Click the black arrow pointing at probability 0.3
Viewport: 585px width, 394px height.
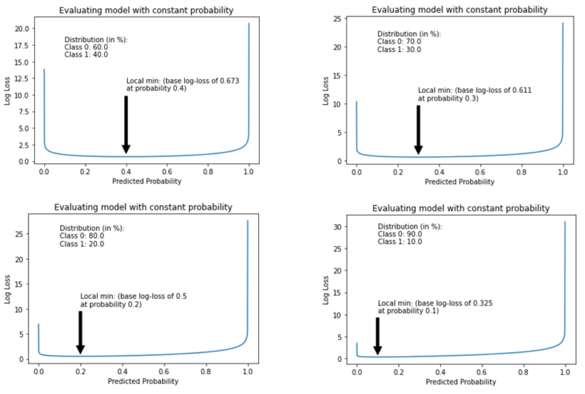click(418, 128)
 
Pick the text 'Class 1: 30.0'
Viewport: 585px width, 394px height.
click(399, 50)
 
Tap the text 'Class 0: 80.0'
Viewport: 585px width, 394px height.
click(82, 236)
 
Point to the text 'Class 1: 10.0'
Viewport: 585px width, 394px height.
click(400, 242)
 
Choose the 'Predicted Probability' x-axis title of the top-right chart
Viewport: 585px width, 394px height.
click(459, 182)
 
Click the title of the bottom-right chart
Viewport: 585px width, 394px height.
click(461, 208)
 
